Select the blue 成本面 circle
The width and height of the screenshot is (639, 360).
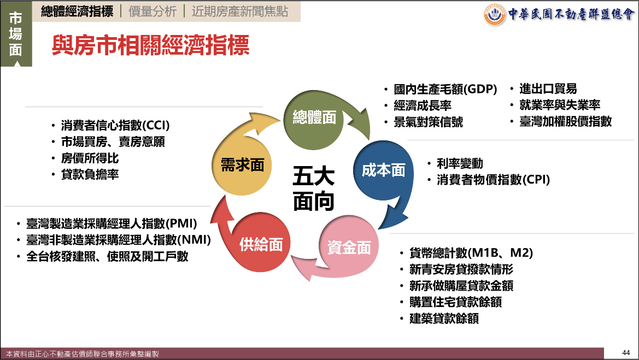tap(384, 170)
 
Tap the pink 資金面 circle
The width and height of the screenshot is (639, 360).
tap(349, 247)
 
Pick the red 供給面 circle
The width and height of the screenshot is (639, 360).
tap(261, 244)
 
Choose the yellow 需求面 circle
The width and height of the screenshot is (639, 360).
tap(242, 165)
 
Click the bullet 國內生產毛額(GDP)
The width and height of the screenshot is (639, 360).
tap(445, 89)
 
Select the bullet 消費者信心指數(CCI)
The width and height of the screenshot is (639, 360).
tap(115, 125)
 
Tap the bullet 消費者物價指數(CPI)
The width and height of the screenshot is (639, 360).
tap(493, 180)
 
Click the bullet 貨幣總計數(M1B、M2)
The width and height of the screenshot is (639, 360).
tap(471, 253)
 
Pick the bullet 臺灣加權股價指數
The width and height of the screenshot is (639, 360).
tap(565, 121)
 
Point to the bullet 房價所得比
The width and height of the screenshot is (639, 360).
tap(90, 158)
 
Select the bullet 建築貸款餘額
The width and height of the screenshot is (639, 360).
tap(444, 318)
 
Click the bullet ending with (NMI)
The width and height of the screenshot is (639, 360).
tap(119, 240)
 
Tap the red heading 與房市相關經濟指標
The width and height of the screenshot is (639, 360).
tap(150, 45)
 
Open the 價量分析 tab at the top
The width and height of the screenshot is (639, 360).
tap(153, 11)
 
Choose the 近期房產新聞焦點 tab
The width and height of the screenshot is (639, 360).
tap(239, 11)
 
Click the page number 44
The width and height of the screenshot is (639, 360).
tap(626, 353)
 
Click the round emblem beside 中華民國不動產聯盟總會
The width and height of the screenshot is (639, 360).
tap(494, 15)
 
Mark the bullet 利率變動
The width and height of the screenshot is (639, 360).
tap(460, 163)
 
